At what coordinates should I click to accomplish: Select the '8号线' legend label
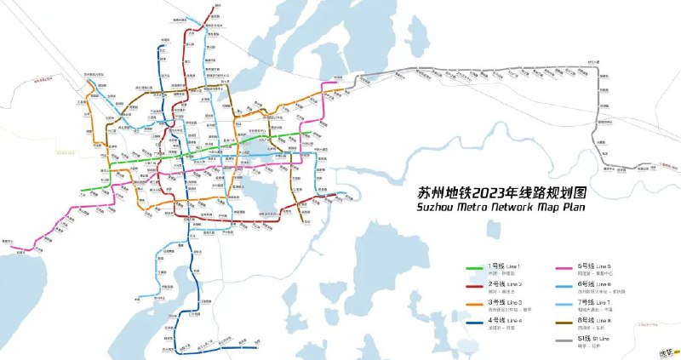click(586, 319)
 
